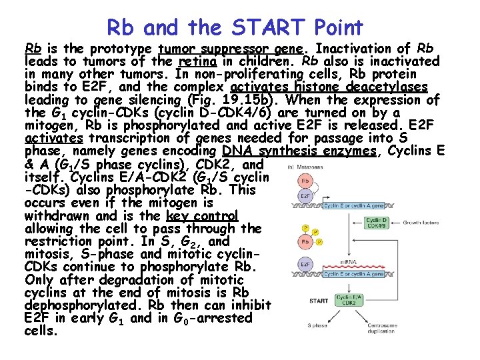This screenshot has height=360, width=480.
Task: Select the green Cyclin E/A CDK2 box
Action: [x=350, y=301]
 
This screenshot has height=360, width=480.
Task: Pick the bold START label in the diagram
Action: [x=319, y=301]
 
